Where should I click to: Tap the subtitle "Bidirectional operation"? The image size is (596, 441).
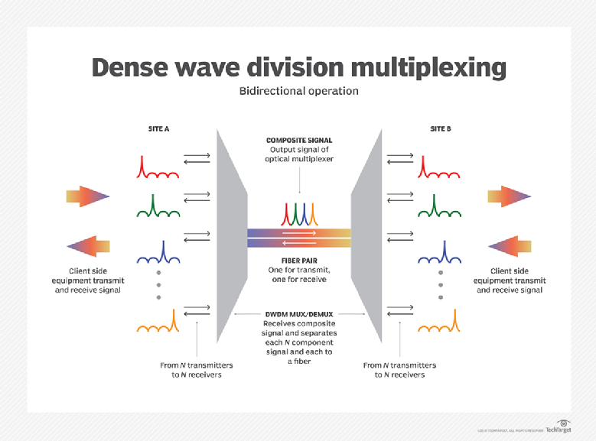[x=298, y=91]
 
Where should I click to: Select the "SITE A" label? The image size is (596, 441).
[x=158, y=129]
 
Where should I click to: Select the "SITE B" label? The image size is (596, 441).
[x=440, y=129]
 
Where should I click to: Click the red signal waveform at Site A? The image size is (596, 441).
[x=158, y=169]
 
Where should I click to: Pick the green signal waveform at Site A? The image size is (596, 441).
[x=158, y=206]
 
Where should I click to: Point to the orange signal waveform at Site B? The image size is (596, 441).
[x=439, y=322]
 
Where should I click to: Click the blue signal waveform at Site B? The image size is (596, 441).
[x=439, y=254]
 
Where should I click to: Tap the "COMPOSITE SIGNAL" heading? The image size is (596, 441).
[x=298, y=141]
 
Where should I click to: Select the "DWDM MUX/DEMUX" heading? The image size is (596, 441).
[x=298, y=314]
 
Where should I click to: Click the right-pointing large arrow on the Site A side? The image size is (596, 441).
[x=88, y=196]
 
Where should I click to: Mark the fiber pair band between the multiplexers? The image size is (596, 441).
[x=298, y=238]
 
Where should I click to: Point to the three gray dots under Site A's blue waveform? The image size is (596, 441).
[x=158, y=284]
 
